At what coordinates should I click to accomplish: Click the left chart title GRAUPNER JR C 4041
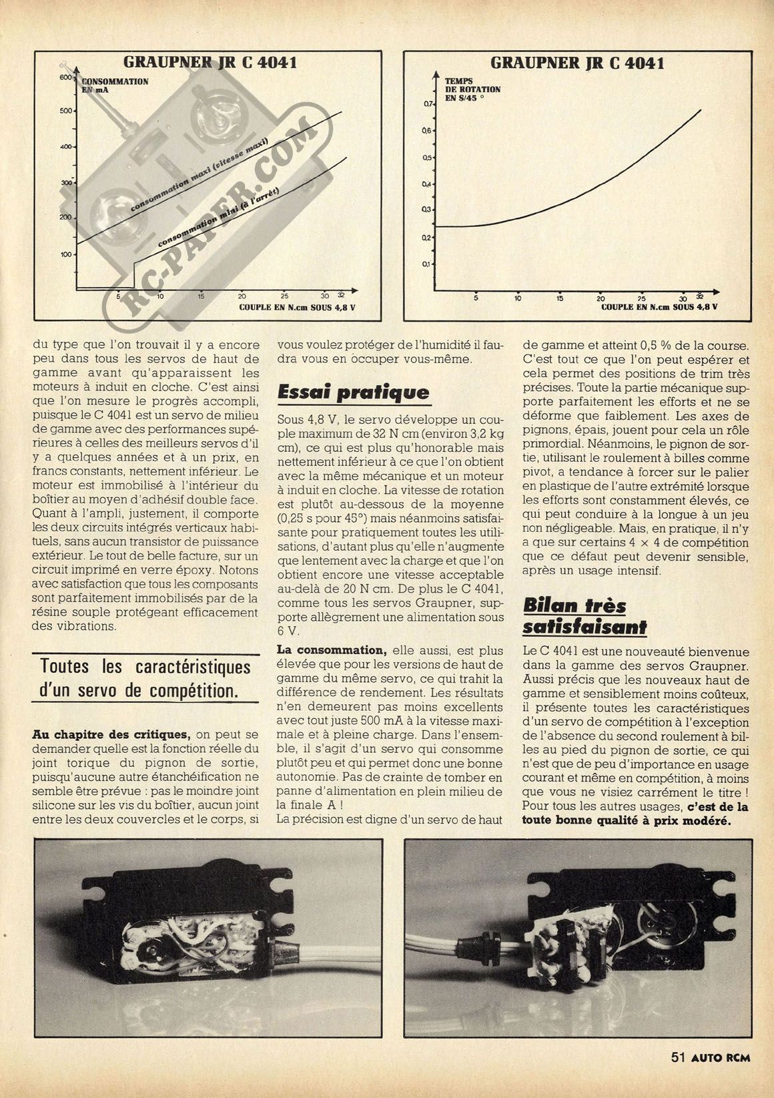pos(210,63)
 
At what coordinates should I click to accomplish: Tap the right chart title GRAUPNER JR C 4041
pos(577,63)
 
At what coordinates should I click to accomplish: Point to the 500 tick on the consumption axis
pos(65,111)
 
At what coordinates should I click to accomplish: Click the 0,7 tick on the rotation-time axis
pos(428,104)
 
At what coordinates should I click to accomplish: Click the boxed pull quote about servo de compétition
pos(145,677)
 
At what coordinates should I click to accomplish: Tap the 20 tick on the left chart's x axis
pos(242,296)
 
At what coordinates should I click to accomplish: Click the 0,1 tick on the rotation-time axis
pos(428,264)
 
